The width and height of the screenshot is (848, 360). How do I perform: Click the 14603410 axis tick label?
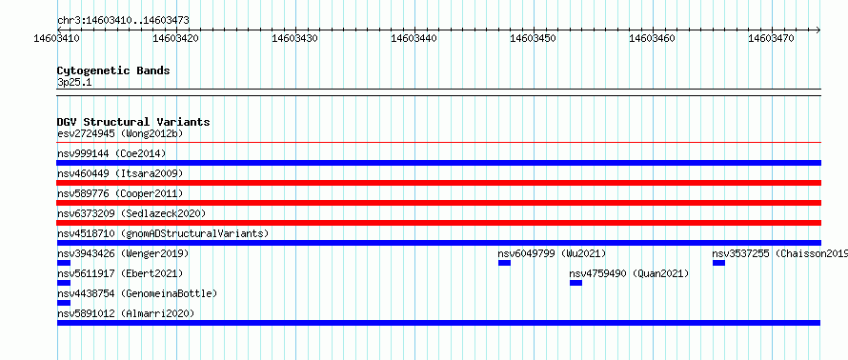coord(57,38)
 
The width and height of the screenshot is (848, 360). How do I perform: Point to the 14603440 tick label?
coord(414,38)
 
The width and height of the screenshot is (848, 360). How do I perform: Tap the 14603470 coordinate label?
coord(771,38)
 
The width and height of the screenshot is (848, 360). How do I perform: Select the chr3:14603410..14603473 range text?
coord(123,21)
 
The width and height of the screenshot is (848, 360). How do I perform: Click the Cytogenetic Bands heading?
coord(113,70)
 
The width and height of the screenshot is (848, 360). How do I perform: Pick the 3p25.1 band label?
coord(73,82)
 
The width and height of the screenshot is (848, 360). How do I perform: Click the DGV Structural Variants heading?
coord(133,122)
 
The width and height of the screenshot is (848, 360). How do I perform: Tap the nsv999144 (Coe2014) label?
coord(111,153)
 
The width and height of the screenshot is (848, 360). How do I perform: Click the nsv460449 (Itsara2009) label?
coord(120,173)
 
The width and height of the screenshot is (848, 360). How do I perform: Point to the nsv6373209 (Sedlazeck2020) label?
coord(131,213)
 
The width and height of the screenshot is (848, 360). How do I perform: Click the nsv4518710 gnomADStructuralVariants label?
coord(163,233)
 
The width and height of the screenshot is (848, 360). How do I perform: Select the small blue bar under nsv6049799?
coord(505,263)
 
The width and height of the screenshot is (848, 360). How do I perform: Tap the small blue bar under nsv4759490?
coord(575,283)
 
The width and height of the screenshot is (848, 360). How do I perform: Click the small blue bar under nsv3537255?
coord(718,263)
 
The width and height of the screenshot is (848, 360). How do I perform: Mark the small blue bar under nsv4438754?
coord(64,303)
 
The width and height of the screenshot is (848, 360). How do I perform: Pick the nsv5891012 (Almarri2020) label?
coord(126,313)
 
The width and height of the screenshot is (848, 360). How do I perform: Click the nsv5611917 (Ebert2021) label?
coord(120,273)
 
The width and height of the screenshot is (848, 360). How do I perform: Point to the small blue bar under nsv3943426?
coord(64,263)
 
